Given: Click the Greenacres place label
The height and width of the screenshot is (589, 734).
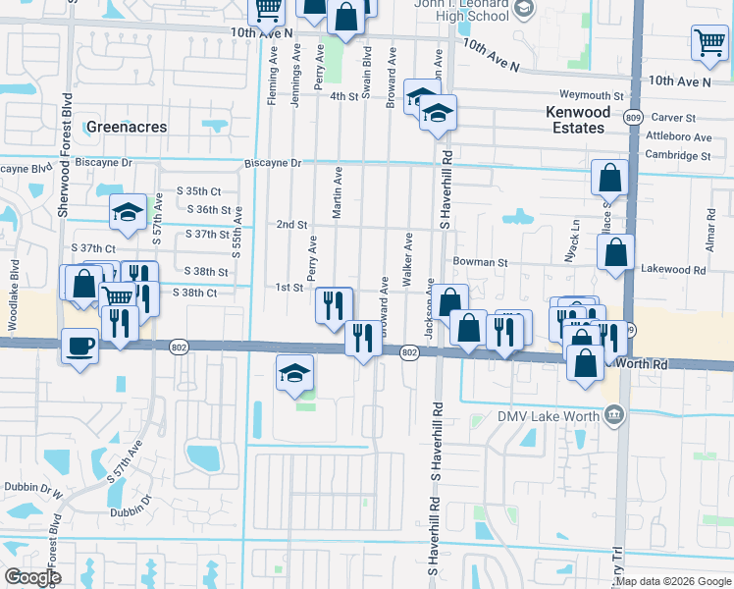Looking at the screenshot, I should pos(127,128).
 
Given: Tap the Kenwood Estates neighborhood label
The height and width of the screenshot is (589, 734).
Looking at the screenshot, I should pos(578,120).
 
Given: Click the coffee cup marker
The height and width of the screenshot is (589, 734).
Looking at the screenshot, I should pos(79,345).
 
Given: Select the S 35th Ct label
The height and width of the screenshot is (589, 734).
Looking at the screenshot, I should pos(199,190).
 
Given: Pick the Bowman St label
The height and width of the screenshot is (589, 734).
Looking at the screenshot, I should pos(480,263).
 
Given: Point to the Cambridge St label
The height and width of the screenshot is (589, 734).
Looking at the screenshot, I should pos(677,155).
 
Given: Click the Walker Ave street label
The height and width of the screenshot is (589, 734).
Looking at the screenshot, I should pos(406,256).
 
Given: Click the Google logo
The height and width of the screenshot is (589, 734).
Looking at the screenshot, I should pos(32,577).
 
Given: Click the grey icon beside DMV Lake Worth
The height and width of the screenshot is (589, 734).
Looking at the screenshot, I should pos(613,414).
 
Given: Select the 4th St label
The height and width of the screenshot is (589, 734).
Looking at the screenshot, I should pos(344,96).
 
